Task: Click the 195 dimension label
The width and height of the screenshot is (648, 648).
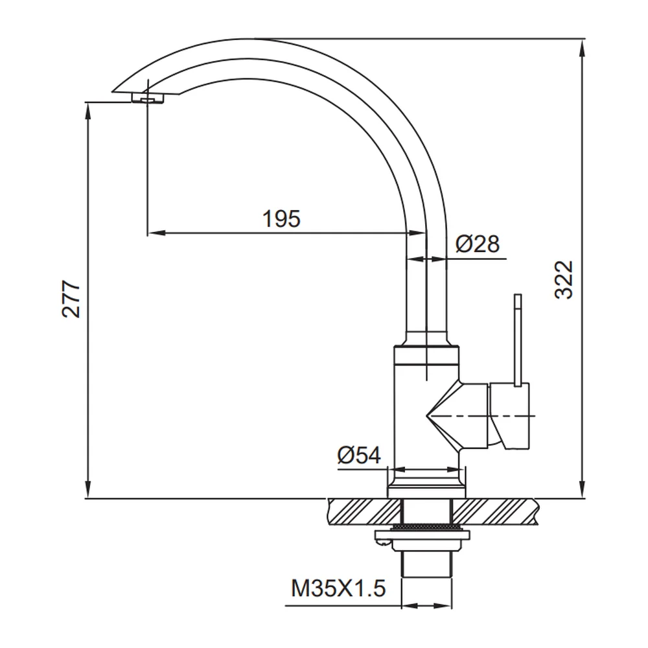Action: pos(281,218)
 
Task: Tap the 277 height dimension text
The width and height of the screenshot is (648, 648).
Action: pos(71,299)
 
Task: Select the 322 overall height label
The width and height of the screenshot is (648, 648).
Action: pos(564,280)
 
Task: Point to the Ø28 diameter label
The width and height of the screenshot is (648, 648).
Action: pos(478,244)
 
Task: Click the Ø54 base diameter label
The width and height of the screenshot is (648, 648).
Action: pos(359,456)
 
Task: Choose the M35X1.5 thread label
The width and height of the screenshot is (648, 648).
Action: pos(338,588)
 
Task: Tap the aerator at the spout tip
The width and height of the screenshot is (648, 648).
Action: pos(148,98)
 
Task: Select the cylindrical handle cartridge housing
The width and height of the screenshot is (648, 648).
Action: pos(509,416)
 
